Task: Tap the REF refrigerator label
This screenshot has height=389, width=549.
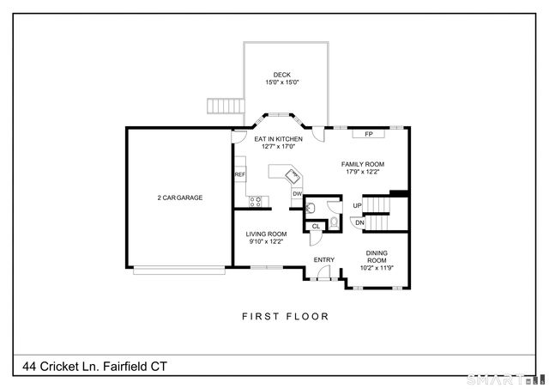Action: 240,174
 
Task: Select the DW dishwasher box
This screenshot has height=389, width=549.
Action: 297,194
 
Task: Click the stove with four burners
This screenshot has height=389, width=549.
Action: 255,202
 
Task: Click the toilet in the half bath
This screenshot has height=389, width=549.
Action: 335,222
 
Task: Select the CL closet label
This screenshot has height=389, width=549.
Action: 316,227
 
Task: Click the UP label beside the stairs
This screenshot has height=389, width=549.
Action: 357,206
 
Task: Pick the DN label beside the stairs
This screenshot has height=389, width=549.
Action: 360,222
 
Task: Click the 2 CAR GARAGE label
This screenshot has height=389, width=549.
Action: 179,198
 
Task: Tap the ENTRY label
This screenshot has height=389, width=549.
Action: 323,260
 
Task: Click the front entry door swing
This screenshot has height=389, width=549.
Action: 323,274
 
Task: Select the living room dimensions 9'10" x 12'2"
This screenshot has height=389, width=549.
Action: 267,242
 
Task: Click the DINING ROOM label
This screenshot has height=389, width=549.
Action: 377,256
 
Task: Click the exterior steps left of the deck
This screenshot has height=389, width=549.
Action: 225,106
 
